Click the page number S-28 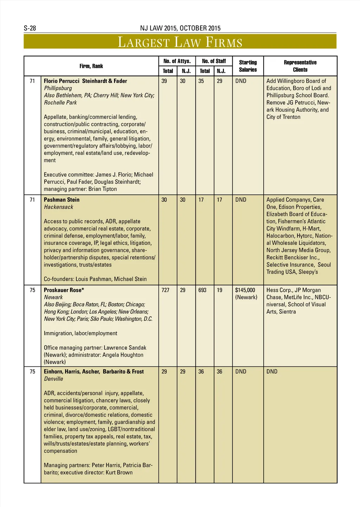30,28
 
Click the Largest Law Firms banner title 180,42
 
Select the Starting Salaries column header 248,66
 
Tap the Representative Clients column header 300,66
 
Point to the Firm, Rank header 91,66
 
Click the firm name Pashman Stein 62,200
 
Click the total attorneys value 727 165,290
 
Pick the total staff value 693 202,290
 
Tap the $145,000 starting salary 245,290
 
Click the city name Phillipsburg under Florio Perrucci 58,88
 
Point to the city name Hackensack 58,207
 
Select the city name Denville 53,379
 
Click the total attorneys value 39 164,81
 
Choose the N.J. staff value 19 219,290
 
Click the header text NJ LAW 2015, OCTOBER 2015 180,28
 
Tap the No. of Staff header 214,61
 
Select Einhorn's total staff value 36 201,371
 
